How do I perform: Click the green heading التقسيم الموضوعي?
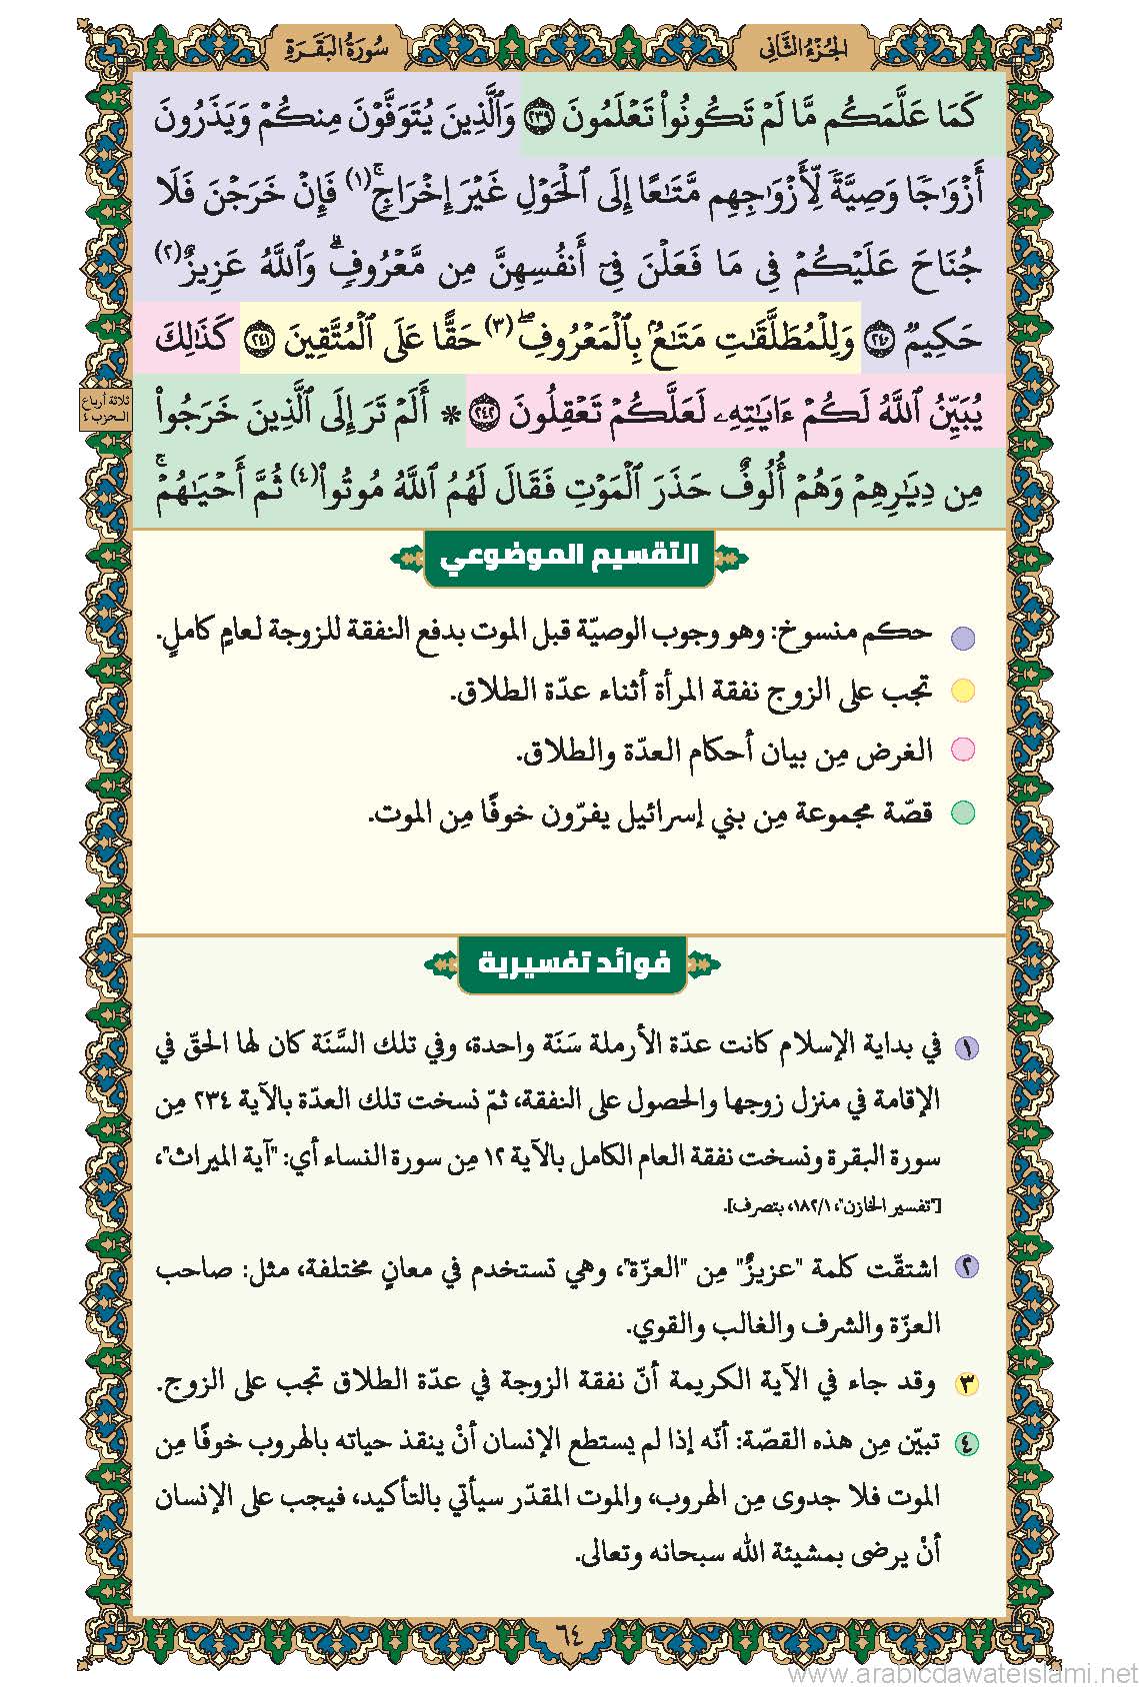pos(569,556)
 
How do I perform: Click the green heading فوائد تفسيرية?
pos(571,964)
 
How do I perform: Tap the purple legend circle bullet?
pos(962,637)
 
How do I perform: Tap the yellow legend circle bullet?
pos(962,692)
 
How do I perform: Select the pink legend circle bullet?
pos(962,750)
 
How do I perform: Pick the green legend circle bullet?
pos(962,813)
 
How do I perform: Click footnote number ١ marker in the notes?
pos(966,1048)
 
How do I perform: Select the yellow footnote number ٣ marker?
pos(966,1385)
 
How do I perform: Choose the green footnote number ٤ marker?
pos(966,1443)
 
